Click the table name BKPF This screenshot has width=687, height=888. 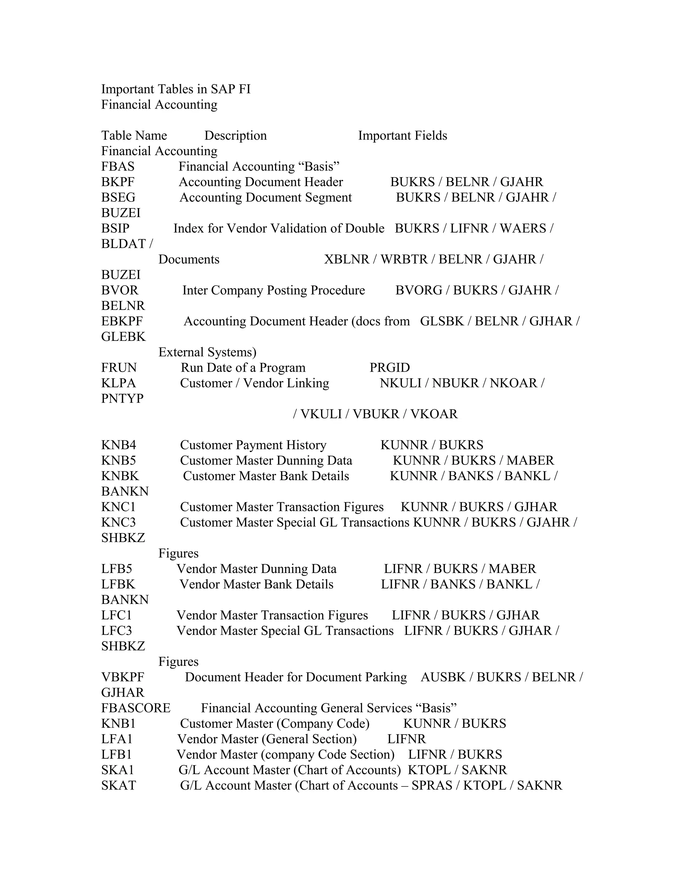pos(118,182)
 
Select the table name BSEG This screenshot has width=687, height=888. pos(118,197)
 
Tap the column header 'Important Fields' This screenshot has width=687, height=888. pos(402,135)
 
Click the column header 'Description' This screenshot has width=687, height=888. pos(235,135)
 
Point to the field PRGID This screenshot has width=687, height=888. pos(389,368)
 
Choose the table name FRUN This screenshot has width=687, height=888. pos(119,368)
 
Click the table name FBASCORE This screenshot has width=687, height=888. pos(136,708)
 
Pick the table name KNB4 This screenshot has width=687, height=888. pos(118,445)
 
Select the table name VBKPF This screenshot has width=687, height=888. pos(122,677)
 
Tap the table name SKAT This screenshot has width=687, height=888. pos(118,785)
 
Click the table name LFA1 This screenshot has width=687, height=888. pos(117,739)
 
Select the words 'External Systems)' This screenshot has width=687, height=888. pos(207,352)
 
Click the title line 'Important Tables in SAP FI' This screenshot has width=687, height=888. pos(175,89)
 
